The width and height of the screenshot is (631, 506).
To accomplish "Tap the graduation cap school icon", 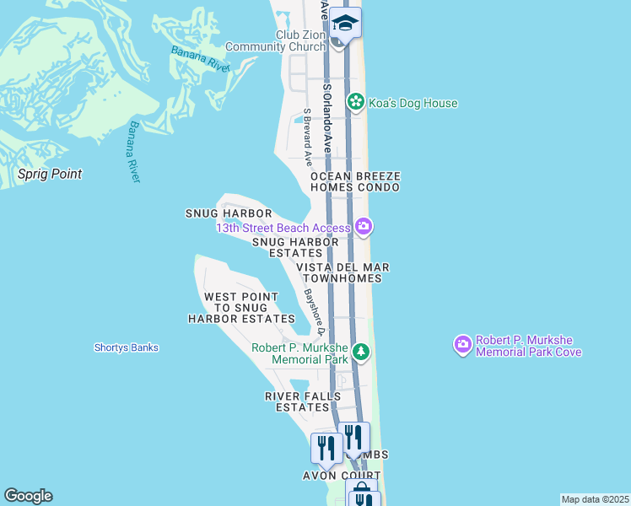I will [345, 23].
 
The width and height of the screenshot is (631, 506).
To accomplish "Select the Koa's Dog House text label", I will [413, 104].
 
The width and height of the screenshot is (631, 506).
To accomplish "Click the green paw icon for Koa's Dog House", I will [356, 103].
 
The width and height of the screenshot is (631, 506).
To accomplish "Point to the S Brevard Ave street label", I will [309, 137].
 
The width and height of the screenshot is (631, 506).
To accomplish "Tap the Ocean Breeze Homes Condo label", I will [354, 181].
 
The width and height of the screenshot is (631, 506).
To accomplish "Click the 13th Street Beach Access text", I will [283, 228].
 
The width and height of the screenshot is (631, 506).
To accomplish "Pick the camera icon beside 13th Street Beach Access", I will [364, 226].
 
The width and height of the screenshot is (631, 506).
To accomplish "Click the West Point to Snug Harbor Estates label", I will [241, 308].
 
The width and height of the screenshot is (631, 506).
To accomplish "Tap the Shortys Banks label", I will [126, 347].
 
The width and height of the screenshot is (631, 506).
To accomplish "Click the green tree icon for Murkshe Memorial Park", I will [361, 352].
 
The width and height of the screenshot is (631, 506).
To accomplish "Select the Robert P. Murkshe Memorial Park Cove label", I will [528, 346].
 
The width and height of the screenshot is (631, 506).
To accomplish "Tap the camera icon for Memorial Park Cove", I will [462, 344].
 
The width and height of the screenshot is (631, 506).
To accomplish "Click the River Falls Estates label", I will [296, 401].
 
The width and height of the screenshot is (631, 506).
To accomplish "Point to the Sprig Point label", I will [51, 175].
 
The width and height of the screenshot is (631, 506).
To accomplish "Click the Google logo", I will [28, 496].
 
